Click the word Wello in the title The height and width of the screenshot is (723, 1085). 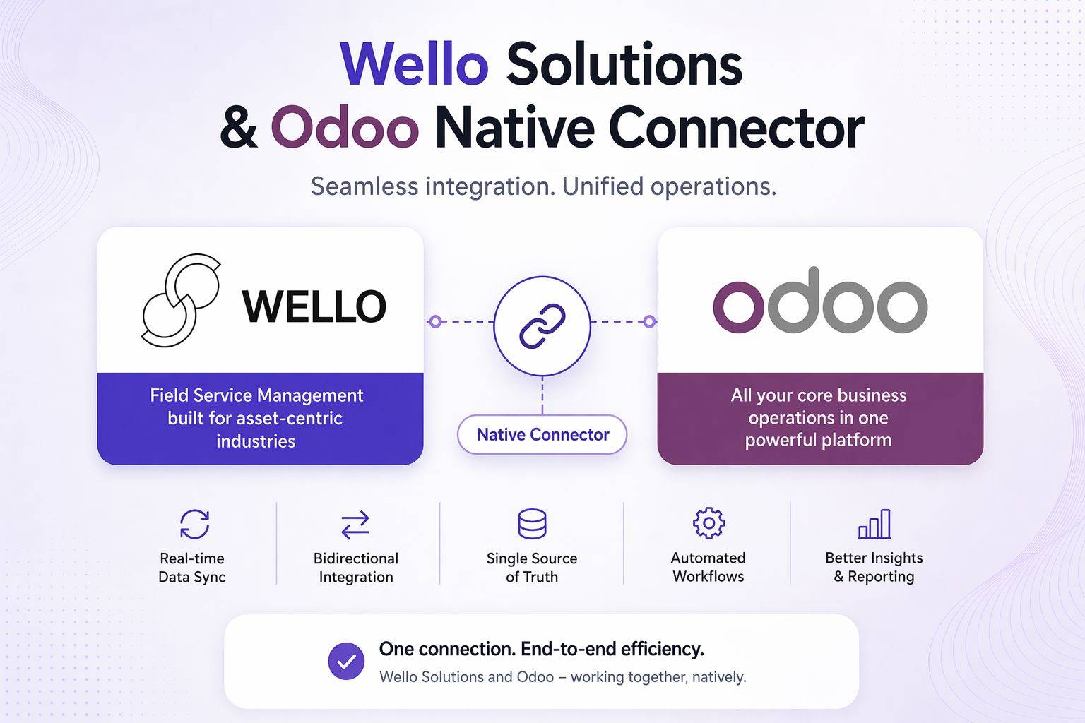coord(414,64)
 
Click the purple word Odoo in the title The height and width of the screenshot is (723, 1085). coord(345,128)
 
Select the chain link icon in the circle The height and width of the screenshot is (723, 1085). coord(542,325)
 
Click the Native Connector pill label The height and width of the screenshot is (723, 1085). coord(542,434)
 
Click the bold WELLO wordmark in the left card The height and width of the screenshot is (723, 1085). coord(314,306)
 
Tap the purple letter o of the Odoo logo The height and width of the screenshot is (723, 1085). coord(737,307)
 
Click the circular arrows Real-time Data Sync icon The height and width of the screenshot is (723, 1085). coord(194,524)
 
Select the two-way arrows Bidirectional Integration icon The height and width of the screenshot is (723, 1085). coord(355,525)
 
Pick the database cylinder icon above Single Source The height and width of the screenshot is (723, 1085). coord(532,524)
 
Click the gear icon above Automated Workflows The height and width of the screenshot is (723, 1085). coord(708,523)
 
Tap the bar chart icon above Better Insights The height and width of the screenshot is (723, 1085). coord(874,525)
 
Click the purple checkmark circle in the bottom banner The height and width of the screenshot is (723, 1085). coord(346,661)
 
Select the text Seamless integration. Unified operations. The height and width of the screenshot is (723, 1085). coord(542,186)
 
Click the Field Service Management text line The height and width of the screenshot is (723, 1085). coord(256,395)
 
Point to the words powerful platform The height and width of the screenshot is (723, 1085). coord(818,441)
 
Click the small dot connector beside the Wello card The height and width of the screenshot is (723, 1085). coord(435,322)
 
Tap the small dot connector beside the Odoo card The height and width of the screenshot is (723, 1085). coord(648,322)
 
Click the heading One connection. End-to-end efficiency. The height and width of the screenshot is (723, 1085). coord(541,648)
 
